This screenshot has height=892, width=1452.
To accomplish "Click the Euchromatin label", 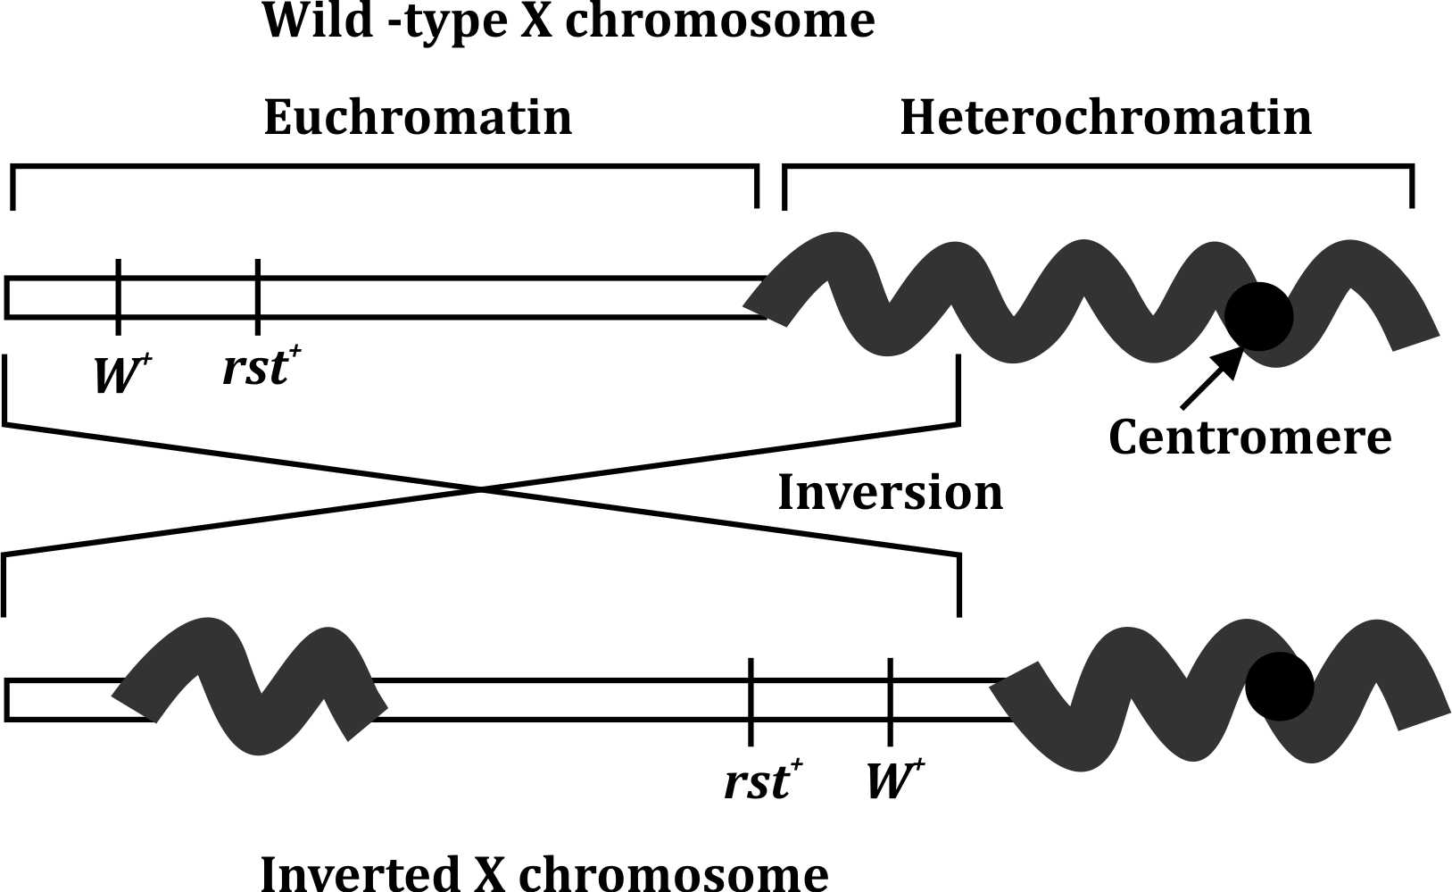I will [418, 118].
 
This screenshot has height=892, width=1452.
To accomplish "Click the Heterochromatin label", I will [1106, 118].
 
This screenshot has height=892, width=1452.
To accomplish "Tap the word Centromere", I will [1249, 438].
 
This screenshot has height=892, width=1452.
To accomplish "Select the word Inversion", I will [890, 493].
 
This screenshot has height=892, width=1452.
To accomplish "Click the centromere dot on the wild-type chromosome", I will [1258, 315].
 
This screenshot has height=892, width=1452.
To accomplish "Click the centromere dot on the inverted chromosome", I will [1279, 686].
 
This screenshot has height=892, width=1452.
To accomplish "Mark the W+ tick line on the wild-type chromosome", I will [118, 296].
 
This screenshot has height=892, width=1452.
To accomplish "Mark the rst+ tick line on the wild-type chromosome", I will [257, 296].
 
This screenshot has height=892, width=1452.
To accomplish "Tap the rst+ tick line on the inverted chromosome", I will [751, 700].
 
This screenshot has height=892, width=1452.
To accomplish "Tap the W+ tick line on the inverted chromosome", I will [890, 700].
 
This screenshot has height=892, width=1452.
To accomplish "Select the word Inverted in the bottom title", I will [358, 873].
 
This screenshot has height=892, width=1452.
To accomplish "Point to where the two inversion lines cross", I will [481, 489].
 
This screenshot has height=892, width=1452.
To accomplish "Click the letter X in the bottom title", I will [490, 873].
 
